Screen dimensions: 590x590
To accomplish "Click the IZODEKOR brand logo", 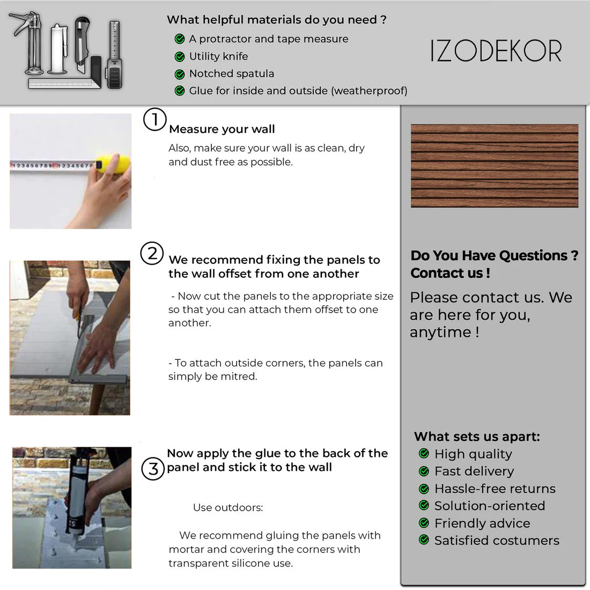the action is click(496, 51).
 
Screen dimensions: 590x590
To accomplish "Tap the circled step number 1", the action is click(154, 119).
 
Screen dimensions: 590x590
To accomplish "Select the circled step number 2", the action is click(152, 253).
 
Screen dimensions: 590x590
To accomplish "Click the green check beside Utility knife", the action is click(180, 56).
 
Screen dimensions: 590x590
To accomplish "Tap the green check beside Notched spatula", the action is click(180, 74).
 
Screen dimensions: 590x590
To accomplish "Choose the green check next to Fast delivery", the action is click(424, 471).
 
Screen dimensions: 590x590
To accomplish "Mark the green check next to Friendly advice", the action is click(424, 523).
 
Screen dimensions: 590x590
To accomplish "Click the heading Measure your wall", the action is click(222, 129).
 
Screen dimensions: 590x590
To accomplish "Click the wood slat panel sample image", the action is click(495, 166).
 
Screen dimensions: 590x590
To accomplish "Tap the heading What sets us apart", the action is click(477, 437).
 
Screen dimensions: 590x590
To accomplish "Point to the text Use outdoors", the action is click(228, 507).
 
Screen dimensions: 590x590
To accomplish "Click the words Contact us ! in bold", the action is click(451, 273).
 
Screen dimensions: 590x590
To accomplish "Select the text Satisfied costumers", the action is click(497, 540).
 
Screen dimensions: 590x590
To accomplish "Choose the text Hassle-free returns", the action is click(495, 489).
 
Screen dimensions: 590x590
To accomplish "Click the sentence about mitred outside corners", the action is click(276, 370).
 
